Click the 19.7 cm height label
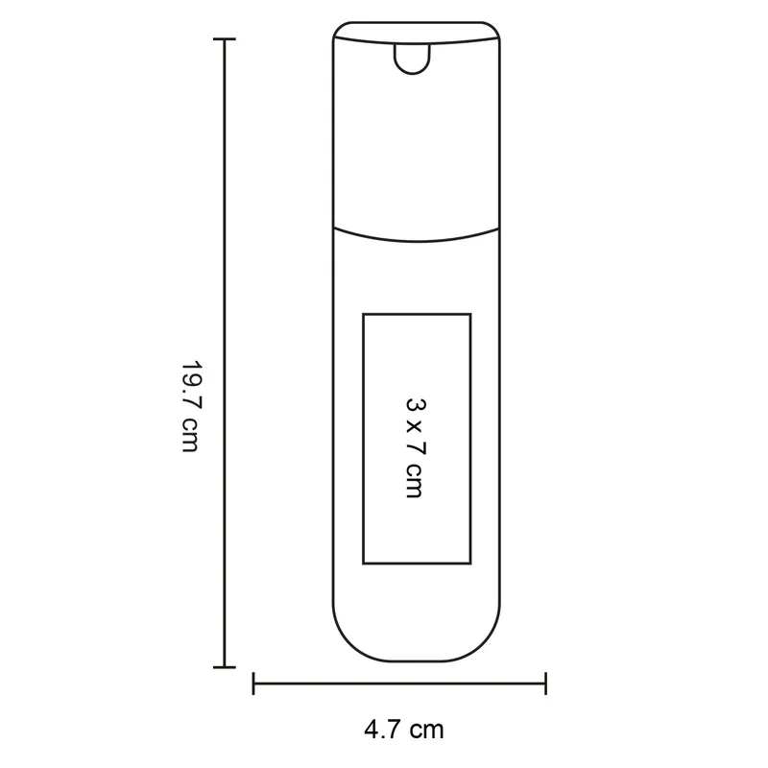click(191, 406)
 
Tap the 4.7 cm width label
click(404, 730)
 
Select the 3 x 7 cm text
click(416, 448)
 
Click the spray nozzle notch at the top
click(413, 59)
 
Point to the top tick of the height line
click(225, 38)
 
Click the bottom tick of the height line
click(225, 667)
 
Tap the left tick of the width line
click(253, 684)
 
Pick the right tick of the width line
click(545, 684)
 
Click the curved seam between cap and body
click(417, 241)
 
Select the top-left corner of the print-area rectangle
click(364, 314)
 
